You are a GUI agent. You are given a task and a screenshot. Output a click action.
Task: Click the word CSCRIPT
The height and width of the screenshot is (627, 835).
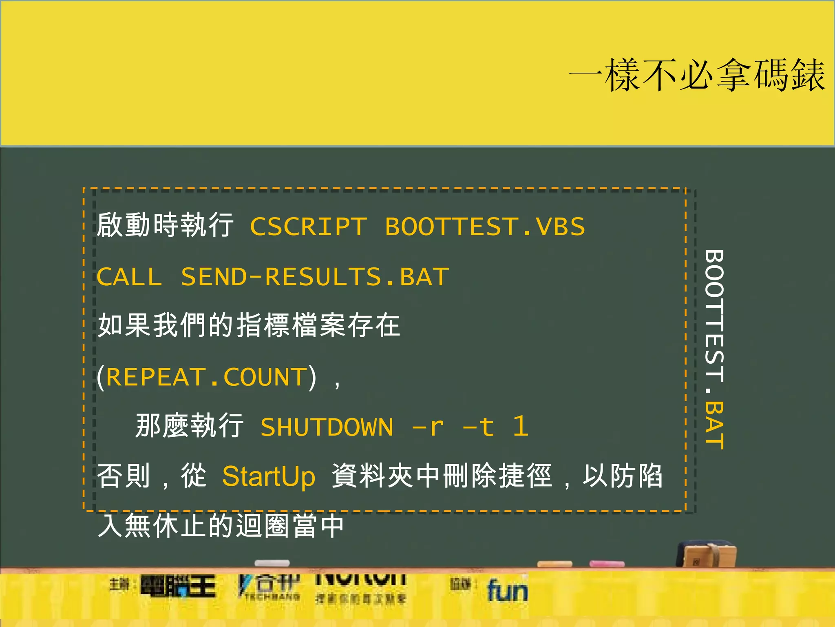pos(308,227)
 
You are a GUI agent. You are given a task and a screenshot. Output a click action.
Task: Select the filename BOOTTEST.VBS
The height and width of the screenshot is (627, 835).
pos(485,227)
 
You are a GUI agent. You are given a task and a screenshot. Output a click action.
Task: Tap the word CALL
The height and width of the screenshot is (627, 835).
pos(129,277)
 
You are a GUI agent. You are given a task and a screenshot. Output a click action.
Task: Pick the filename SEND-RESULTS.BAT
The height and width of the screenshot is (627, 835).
pos(315,277)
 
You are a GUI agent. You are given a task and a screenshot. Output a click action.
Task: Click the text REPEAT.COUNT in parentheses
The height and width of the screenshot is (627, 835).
pos(206,377)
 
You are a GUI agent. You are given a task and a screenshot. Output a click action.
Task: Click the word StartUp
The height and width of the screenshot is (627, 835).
pos(269,476)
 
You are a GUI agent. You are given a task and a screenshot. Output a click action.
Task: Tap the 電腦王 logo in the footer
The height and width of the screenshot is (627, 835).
pos(178,587)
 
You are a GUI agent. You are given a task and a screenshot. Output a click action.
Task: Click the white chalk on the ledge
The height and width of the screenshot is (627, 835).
pos(272,563)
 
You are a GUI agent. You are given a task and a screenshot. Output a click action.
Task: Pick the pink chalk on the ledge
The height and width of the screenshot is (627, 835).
pos(607,564)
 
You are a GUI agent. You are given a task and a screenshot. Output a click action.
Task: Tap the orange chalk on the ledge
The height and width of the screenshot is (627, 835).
pos(554,564)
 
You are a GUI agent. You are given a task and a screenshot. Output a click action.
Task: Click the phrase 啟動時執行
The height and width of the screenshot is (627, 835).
pos(165,225)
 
